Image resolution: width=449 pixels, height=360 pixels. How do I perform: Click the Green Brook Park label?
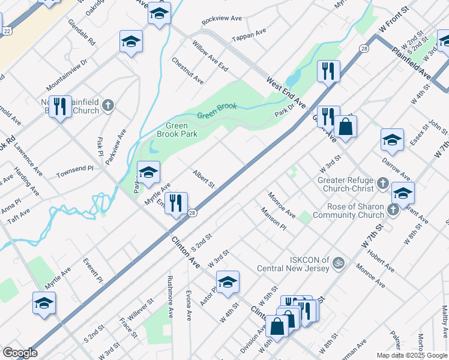182,130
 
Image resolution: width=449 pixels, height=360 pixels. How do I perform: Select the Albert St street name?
203,179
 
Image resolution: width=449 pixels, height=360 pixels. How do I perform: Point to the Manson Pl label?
274,219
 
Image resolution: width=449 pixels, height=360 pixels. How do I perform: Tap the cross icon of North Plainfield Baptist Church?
108,106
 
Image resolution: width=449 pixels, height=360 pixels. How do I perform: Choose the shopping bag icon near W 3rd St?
346,127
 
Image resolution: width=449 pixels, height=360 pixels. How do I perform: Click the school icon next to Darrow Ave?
392,140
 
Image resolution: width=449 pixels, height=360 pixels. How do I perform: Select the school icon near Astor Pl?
228,282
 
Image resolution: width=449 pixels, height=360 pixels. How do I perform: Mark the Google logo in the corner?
20,352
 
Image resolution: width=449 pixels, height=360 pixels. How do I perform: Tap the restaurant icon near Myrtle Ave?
176,203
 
